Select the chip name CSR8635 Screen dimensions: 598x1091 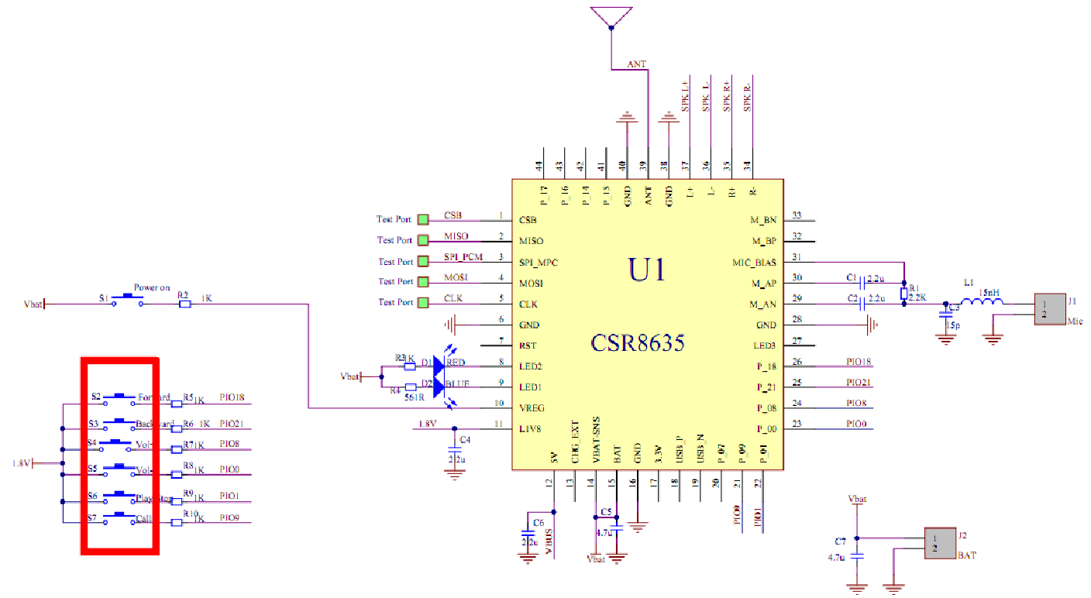click(638, 342)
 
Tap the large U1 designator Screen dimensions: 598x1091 click(647, 270)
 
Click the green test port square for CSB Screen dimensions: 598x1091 click(423, 220)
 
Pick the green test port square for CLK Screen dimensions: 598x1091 click(423, 302)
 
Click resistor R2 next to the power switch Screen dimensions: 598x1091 click(184, 304)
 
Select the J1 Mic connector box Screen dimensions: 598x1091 click(1051, 309)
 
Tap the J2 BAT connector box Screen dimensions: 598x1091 click(939, 542)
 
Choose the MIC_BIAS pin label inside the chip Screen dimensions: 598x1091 click(754, 262)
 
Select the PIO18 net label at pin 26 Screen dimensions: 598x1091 click(859, 362)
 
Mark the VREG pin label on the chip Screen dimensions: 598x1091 click(532, 407)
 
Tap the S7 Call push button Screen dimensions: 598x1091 click(120, 517)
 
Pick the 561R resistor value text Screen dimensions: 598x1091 click(415, 397)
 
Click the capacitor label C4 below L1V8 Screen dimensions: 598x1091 click(465, 439)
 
